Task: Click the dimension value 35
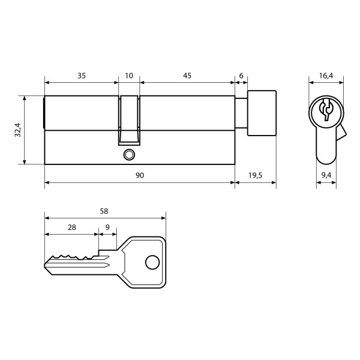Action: tap(82, 76)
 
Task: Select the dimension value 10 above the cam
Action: tap(129, 76)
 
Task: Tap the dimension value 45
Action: tap(187, 76)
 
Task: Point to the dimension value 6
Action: tap(241, 76)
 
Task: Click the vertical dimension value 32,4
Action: tap(17, 129)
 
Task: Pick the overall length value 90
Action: tap(140, 175)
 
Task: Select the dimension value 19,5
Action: tap(255, 175)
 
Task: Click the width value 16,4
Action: tap(326, 76)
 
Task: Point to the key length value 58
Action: tap(104, 211)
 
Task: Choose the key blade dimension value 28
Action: tap(71, 227)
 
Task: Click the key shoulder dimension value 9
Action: tap(107, 227)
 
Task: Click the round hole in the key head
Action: tap(151, 262)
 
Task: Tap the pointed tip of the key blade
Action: tap(46, 265)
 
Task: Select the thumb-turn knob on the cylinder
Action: tap(262, 112)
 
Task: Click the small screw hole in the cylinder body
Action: tap(127, 155)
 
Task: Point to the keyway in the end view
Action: tap(326, 110)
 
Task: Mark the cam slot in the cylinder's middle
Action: tap(129, 120)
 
